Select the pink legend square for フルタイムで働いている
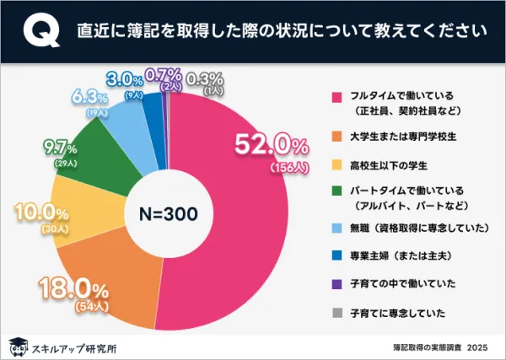point(339,96)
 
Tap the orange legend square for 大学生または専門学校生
point(339,135)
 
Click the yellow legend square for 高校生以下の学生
point(339,164)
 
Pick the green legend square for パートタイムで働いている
point(339,193)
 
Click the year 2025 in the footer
point(477,347)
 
